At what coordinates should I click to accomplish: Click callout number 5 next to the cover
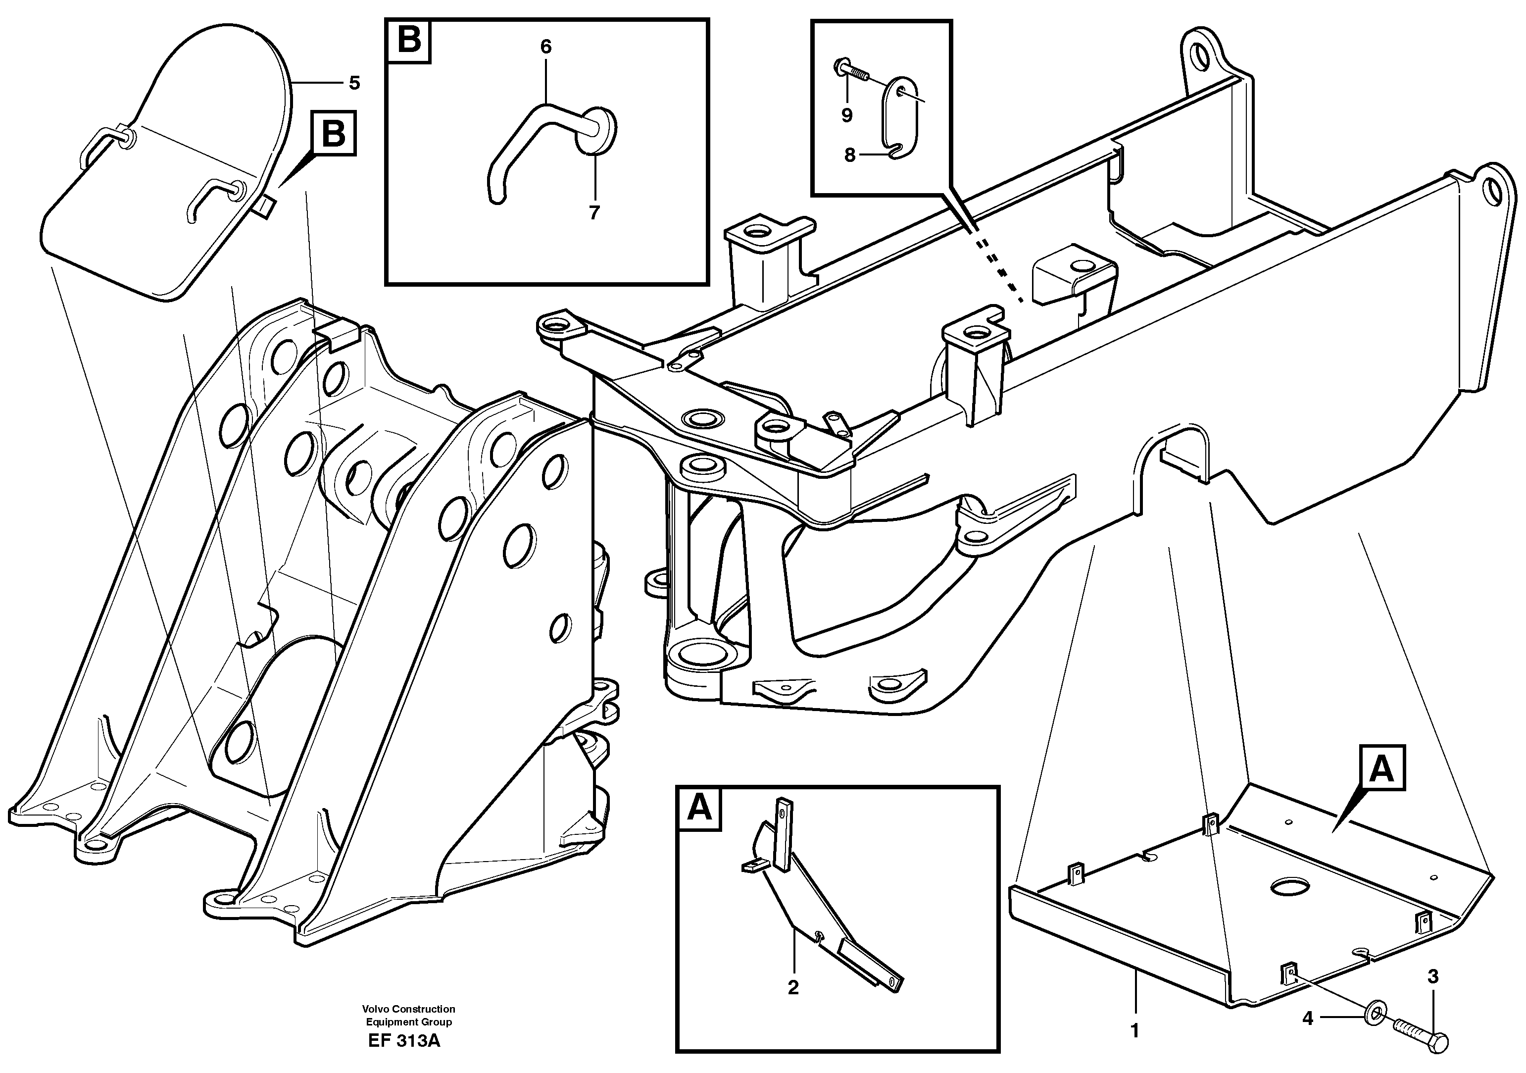(x=354, y=84)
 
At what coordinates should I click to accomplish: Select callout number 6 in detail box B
(x=545, y=47)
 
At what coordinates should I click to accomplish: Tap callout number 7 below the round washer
(x=594, y=213)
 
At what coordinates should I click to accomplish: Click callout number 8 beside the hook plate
(x=850, y=155)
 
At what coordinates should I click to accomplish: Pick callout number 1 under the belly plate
(x=1135, y=1031)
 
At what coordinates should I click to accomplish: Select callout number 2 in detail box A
(x=793, y=988)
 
